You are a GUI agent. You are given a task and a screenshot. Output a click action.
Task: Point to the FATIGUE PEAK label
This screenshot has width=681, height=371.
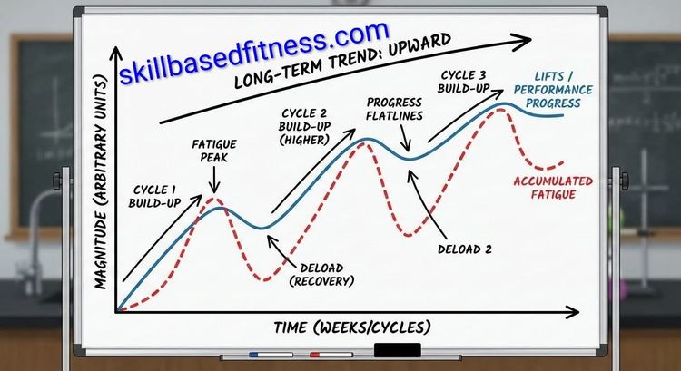(215, 151)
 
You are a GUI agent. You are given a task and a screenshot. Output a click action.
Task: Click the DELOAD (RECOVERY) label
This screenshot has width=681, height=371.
(323, 274)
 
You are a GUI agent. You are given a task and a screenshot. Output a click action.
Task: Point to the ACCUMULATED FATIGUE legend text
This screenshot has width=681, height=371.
(554, 187)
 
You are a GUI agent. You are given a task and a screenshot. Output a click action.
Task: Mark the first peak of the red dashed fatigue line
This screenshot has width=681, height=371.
(213, 198)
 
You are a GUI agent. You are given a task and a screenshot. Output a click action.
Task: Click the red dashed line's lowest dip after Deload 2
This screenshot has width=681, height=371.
(410, 235)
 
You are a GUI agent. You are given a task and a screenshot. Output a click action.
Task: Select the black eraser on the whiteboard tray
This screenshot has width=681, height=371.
(397, 350)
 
